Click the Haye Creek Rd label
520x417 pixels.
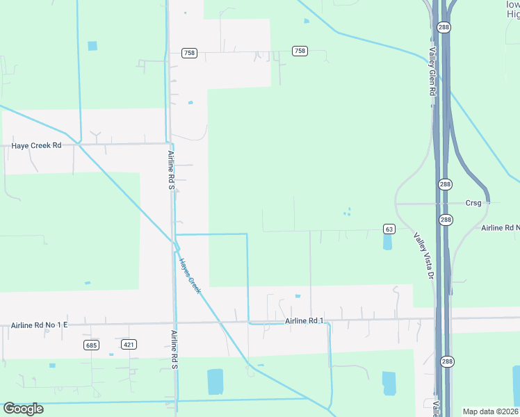pyautogui.click(x=37, y=146)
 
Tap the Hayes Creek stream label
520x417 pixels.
pyautogui.click(x=189, y=276)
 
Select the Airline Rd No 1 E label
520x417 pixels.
pyautogui.click(x=40, y=325)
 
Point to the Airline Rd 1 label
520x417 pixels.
pyautogui.click(x=305, y=320)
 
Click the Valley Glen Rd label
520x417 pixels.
pyautogui.click(x=432, y=72)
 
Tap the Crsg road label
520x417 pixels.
pyautogui.click(x=473, y=203)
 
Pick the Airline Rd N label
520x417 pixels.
pyautogui.click(x=501, y=228)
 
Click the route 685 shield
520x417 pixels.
pyautogui.click(x=90, y=345)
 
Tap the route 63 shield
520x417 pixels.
pyautogui.click(x=389, y=229)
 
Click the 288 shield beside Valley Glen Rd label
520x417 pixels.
pyautogui.click(x=444, y=27)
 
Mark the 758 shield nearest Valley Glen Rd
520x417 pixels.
pyautogui.click(x=300, y=51)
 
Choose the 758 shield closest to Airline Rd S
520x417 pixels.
pyautogui.click(x=188, y=53)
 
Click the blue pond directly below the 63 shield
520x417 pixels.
pyautogui.click(x=387, y=242)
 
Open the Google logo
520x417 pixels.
pyautogui.click(x=23, y=409)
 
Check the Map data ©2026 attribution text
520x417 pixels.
pyautogui.click(x=490, y=411)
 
